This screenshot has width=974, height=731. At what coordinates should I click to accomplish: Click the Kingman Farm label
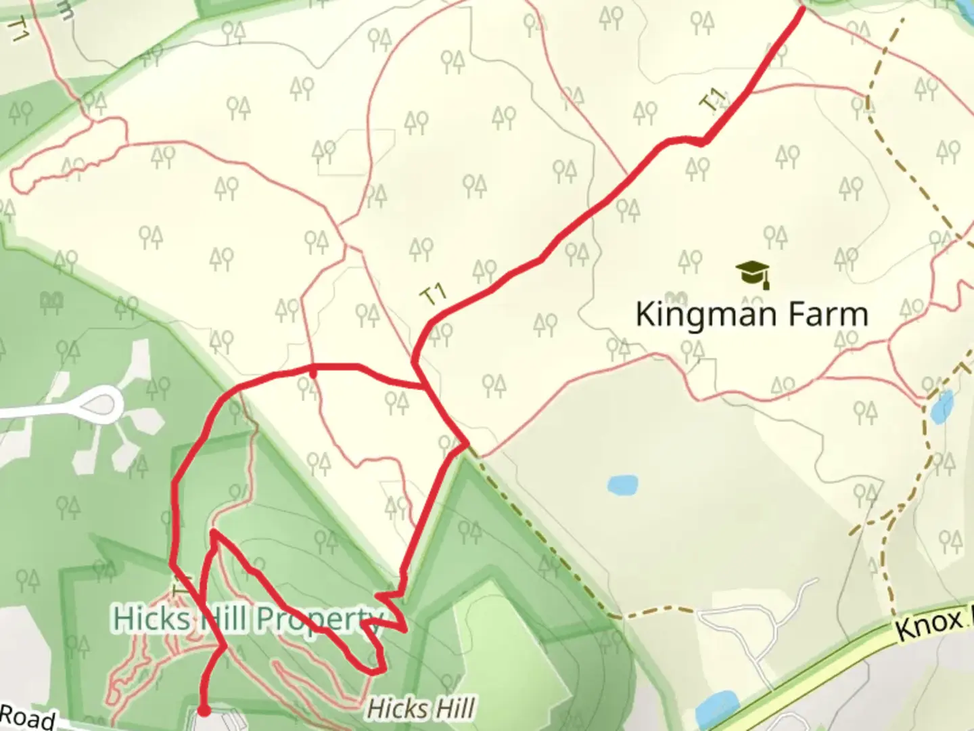(751, 315)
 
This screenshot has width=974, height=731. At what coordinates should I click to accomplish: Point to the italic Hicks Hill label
(420, 709)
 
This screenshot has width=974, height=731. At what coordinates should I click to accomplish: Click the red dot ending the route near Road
(203, 711)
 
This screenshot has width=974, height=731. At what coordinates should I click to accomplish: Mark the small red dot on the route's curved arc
(312, 372)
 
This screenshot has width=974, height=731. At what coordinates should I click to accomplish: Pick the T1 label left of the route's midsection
(434, 294)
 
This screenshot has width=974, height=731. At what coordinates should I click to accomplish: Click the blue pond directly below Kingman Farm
(622, 485)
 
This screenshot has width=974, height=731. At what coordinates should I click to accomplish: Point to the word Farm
(826, 315)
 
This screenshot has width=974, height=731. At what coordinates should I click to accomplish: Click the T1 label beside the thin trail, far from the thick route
(18, 30)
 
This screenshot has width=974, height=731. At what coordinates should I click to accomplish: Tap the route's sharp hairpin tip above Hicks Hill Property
(214, 533)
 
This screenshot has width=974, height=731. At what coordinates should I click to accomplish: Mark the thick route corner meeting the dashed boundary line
(466, 444)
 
